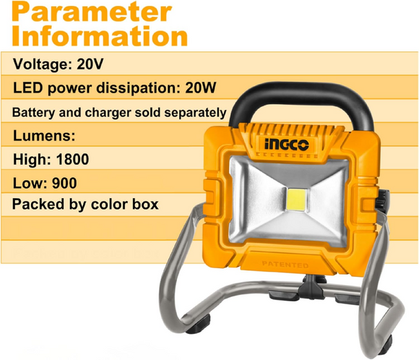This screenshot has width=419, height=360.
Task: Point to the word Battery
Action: point(34,114)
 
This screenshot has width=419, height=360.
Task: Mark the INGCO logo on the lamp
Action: point(285,145)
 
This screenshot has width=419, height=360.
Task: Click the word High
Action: point(29,158)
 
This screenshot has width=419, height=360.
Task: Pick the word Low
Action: point(27,181)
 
